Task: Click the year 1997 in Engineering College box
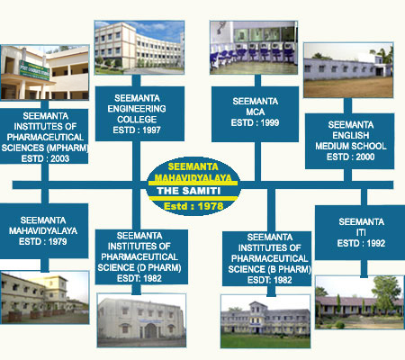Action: (151, 130)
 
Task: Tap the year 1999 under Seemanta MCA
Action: (270, 122)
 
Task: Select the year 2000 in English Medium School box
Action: (365, 157)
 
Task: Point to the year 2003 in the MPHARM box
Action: (59, 158)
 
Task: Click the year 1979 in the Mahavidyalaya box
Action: (58, 241)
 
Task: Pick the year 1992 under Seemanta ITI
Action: (376, 243)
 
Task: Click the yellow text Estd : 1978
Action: (193, 206)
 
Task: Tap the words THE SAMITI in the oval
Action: (189, 191)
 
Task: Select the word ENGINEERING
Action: (137, 109)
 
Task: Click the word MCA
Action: (256, 112)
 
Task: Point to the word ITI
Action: (361, 232)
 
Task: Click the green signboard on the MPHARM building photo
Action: (34, 70)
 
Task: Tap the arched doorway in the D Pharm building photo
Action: (150, 330)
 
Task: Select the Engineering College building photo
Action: (139, 48)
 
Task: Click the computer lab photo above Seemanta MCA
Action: (254, 48)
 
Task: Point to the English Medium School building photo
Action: (348, 70)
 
